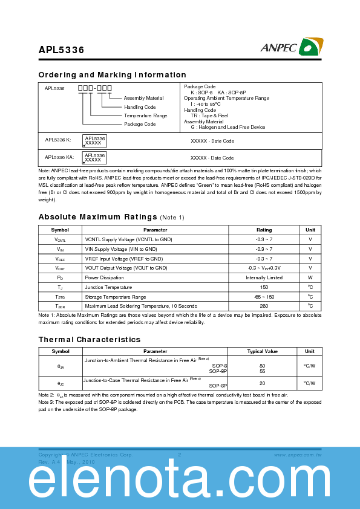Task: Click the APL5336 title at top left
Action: (x=61, y=50)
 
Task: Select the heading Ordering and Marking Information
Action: (x=112, y=75)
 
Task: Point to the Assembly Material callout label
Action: (x=143, y=98)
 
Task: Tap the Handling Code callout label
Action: (x=140, y=107)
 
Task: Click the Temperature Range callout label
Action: (x=145, y=115)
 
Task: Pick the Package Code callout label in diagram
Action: (x=140, y=124)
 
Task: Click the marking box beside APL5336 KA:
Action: (x=95, y=157)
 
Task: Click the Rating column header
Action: (x=264, y=230)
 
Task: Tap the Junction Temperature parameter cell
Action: (x=108, y=287)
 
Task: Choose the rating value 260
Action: (x=264, y=306)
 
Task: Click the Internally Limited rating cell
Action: (x=264, y=277)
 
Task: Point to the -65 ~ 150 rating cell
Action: (x=264, y=297)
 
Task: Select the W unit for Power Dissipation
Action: (x=310, y=277)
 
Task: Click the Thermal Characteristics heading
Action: (x=89, y=340)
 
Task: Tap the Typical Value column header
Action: (x=262, y=351)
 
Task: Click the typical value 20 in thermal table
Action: (x=262, y=383)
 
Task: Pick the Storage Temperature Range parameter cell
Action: (x=116, y=297)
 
